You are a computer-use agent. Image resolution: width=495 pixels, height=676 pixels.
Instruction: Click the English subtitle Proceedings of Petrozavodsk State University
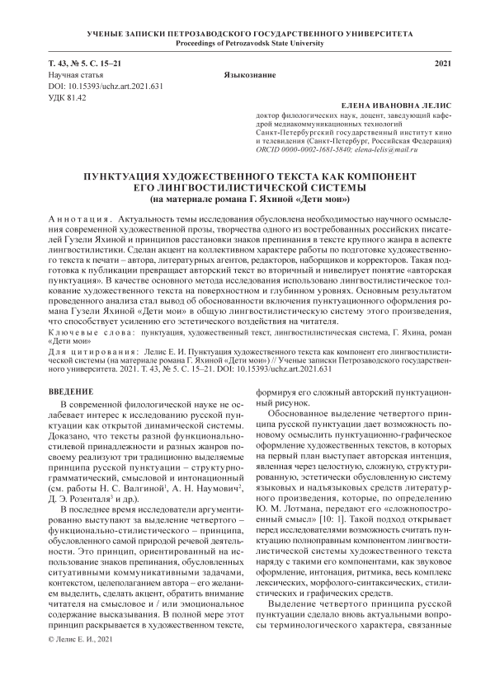click(247, 43)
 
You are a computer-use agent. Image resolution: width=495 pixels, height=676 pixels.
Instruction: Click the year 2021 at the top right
click(443, 63)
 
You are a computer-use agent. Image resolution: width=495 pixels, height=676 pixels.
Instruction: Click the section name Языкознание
click(248, 75)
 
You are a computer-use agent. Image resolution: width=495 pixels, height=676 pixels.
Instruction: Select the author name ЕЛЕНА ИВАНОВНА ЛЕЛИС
click(397, 107)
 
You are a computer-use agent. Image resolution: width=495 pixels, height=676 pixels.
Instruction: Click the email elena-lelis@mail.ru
click(416, 152)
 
